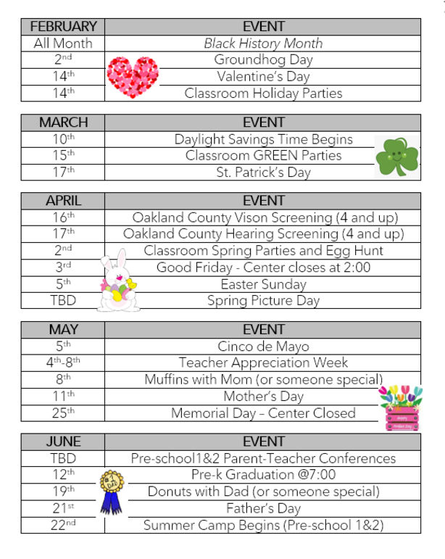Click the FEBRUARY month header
tap(63, 26)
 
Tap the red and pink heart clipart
tap(132, 78)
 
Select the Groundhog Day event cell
tap(263, 59)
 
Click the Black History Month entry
tap(263, 44)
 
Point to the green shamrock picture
tap(396, 156)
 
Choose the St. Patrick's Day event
tap(263, 173)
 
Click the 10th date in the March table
tap(63, 139)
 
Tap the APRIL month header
tap(63, 201)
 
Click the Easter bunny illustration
tap(117, 282)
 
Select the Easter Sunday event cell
tap(263, 283)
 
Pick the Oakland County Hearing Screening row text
tap(263, 234)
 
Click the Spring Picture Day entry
tap(263, 300)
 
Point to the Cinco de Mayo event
tap(263, 346)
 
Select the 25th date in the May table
tap(63, 413)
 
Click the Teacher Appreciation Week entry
tap(263, 363)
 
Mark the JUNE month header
tap(63, 441)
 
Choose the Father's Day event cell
tap(263, 508)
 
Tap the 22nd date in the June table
tap(63, 525)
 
